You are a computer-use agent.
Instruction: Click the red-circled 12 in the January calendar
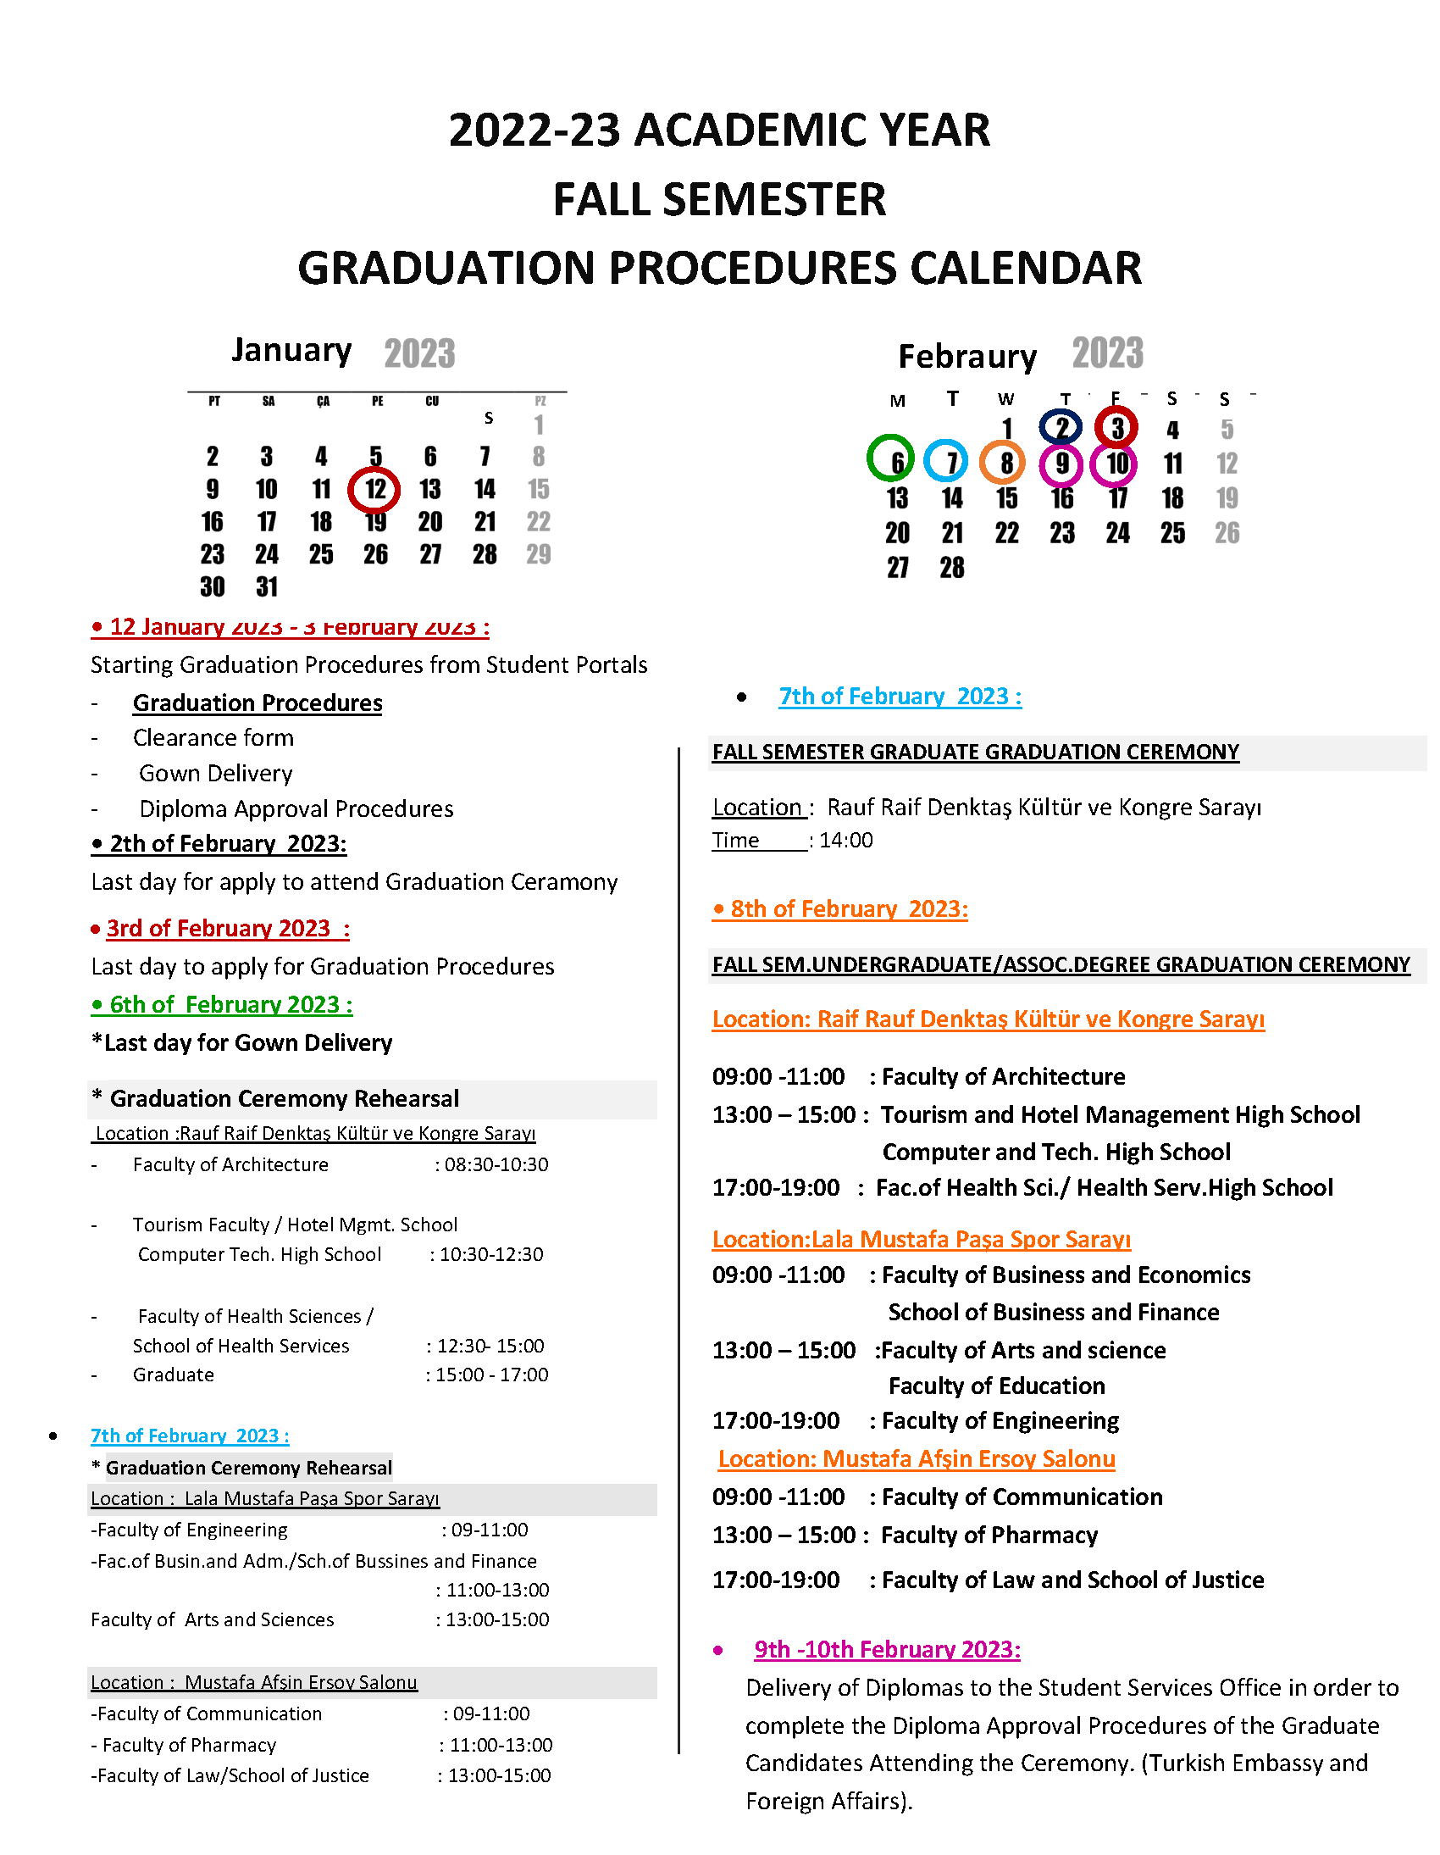(x=374, y=490)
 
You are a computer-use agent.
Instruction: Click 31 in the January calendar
(x=267, y=587)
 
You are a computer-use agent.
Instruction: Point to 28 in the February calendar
(x=952, y=569)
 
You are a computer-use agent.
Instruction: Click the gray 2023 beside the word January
(x=419, y=353)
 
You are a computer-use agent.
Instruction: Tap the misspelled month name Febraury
(x=967, y=357)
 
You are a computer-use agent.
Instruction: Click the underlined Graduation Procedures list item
(x=258, y=703)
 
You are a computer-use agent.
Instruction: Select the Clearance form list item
(x=213, y=738)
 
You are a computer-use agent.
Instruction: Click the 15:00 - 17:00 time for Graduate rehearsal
(x=491, y=1375)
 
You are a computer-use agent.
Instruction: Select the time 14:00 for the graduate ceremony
(x=846, y=840)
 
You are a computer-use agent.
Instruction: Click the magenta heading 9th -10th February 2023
(x=887, y=1649)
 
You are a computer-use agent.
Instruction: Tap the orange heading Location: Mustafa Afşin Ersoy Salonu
(x=917, y=1458)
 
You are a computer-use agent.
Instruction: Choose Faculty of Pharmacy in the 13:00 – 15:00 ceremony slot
(x=989, y=1536)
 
